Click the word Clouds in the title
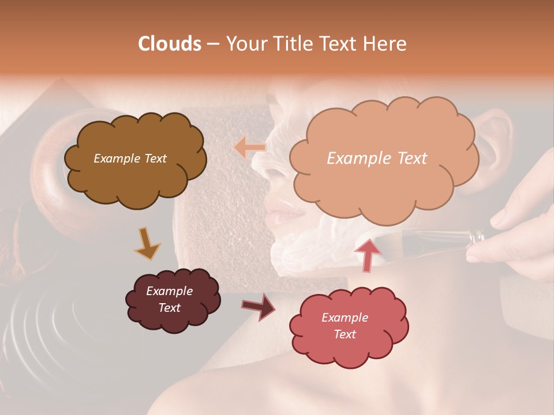pos(170,44)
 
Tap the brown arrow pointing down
pos(147,243)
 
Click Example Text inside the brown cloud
pos(130,159)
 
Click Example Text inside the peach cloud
pos(377,159)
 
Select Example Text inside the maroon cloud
pos(169,299)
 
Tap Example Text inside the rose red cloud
pos(345,326)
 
